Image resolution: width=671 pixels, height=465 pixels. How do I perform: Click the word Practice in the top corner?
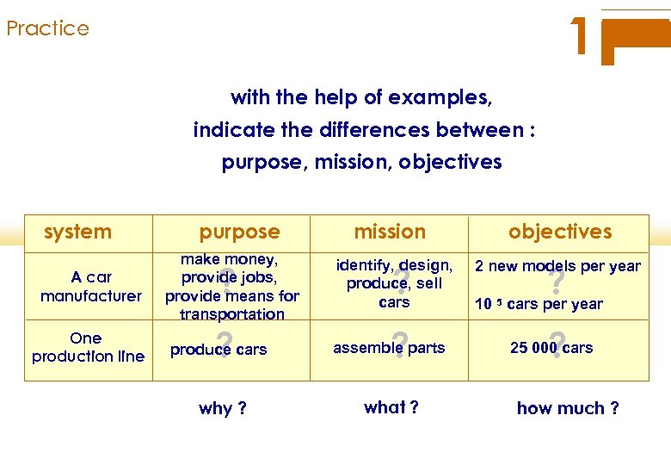47,28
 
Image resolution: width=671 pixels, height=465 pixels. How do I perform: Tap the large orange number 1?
582,37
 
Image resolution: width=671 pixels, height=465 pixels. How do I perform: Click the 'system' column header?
77,232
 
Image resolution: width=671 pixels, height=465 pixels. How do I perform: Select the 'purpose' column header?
239,232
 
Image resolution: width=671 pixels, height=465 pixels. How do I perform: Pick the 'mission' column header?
390,232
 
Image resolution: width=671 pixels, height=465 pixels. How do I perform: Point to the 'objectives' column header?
560,232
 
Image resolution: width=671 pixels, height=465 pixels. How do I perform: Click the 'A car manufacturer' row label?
91,286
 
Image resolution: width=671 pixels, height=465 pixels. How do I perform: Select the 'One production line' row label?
88,347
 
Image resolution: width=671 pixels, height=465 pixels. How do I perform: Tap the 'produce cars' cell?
219,350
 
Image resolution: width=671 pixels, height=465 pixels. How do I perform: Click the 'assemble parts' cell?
389,348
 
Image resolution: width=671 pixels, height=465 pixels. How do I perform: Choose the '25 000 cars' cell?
551,348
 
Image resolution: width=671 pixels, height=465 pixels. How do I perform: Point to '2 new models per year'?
557,266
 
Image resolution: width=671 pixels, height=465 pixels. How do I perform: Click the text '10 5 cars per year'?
539,304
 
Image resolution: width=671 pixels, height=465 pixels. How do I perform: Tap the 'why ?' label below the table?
222,408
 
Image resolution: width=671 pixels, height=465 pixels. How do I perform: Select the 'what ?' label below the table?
391,407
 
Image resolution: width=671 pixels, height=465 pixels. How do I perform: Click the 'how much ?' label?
567,408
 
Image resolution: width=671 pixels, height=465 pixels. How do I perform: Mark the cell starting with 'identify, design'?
394,283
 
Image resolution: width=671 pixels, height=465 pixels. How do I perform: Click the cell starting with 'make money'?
231,287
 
